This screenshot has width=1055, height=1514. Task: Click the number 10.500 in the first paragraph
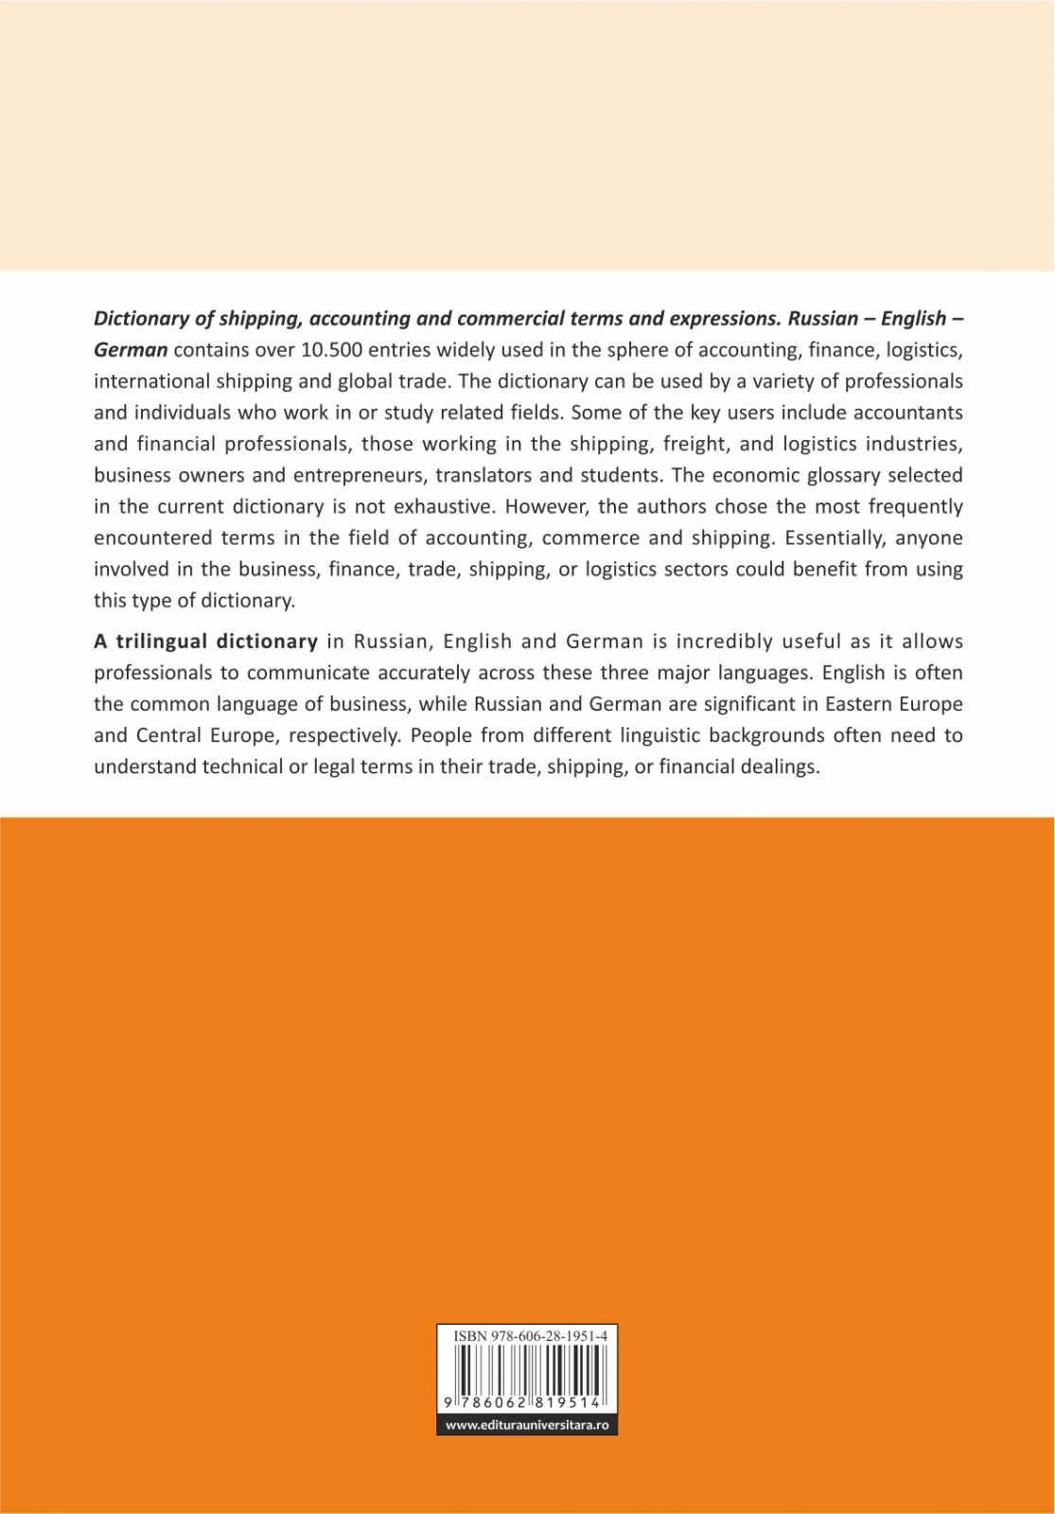pos(330,350)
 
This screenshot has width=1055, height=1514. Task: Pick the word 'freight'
pos(695,444)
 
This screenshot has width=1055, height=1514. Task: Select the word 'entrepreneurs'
pos(363,475)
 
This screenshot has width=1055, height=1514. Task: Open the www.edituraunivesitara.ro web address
pos(527,1425)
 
